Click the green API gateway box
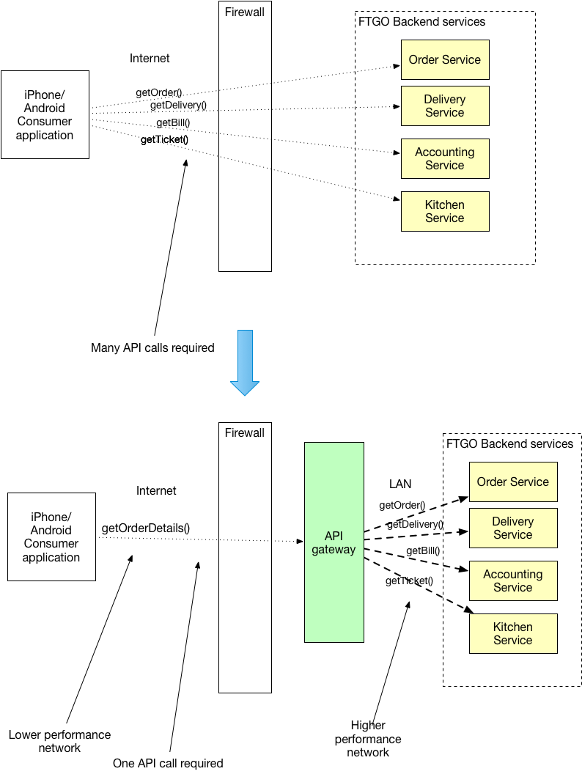click(x=334, y=542)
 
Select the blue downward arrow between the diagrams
click(x=245, y=362)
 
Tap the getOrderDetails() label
click(x=146, y=528)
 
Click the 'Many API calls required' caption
click(x=152, y=347)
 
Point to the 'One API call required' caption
click(x=168, y=763)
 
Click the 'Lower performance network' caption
click(x=59, y=741)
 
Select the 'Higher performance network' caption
click(x=368, y=739)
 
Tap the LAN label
click(x=400, y=484)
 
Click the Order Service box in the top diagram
click(x=445, y=59)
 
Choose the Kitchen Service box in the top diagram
click(x=445, y=211)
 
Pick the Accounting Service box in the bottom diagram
click(x=513, y=580)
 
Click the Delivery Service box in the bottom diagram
click(x=513, y=528)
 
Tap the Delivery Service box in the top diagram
click(x=445, y=106)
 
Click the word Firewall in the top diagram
click(x=244, y=12)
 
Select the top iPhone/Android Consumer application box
click(x=45, y=114)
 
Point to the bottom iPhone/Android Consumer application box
click(x=51, y=537)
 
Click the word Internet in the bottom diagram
click(x=156, y=490)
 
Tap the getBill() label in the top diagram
click(x=173, y=122)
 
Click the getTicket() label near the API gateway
click(x=409, y=580)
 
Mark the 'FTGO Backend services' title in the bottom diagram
click(x=510, y=443)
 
